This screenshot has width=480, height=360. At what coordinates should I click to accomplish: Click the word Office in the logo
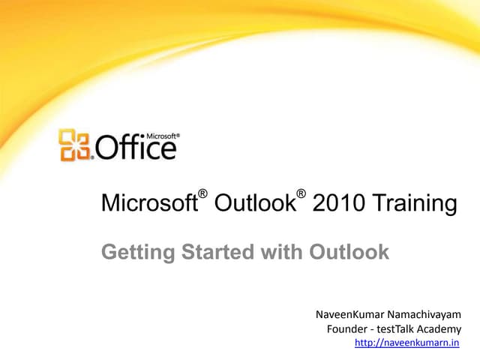pos(135,147)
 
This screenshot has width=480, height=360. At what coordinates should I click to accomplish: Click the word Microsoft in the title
pos(148,204)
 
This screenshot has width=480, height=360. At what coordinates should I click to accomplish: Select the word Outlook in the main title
pos(253,204)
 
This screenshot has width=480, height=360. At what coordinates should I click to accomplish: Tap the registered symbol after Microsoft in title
pos(202,196)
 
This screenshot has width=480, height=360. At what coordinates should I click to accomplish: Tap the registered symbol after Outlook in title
pos(300,196)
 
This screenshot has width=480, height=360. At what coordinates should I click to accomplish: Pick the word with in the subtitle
pos(282,252)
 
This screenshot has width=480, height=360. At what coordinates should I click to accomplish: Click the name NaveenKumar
pos(349,313)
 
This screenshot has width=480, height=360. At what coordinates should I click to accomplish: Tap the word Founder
pos(348,329)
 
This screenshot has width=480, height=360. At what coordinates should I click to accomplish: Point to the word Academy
pos(442,329)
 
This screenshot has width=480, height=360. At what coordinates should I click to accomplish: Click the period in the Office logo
pos(92,157)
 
